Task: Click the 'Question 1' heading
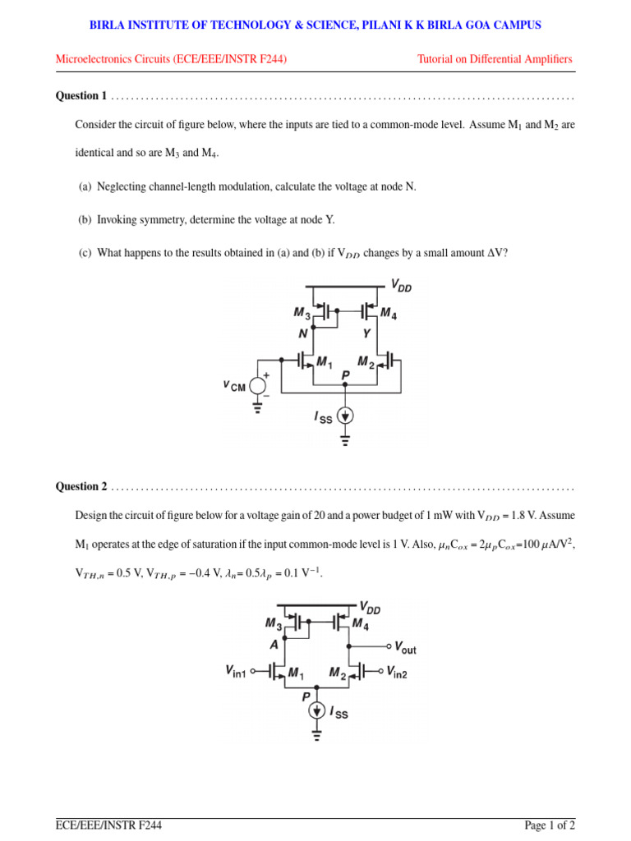point(81,96)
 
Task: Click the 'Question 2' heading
point(81,486)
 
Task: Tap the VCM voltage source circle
point(258,386)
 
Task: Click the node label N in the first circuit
point(302,333)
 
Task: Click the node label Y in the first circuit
point(366,333)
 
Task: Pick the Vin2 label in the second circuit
point(397,672)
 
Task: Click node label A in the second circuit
point(274,645)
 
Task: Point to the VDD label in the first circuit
point(403,285)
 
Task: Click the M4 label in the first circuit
point(389,313)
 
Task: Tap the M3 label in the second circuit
point(274,623)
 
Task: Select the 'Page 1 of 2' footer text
point(550,825)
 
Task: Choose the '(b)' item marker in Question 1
point(85,220)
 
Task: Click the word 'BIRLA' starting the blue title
point(107,25)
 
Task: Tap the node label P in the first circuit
point(346,375)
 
